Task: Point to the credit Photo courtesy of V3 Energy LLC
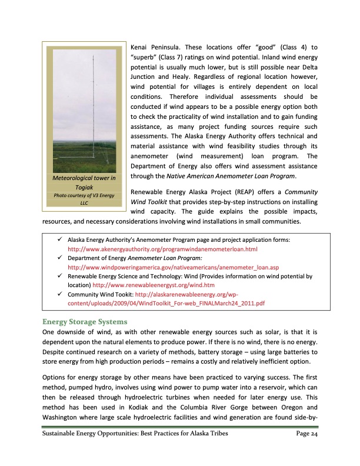click(x=83, y=198)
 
